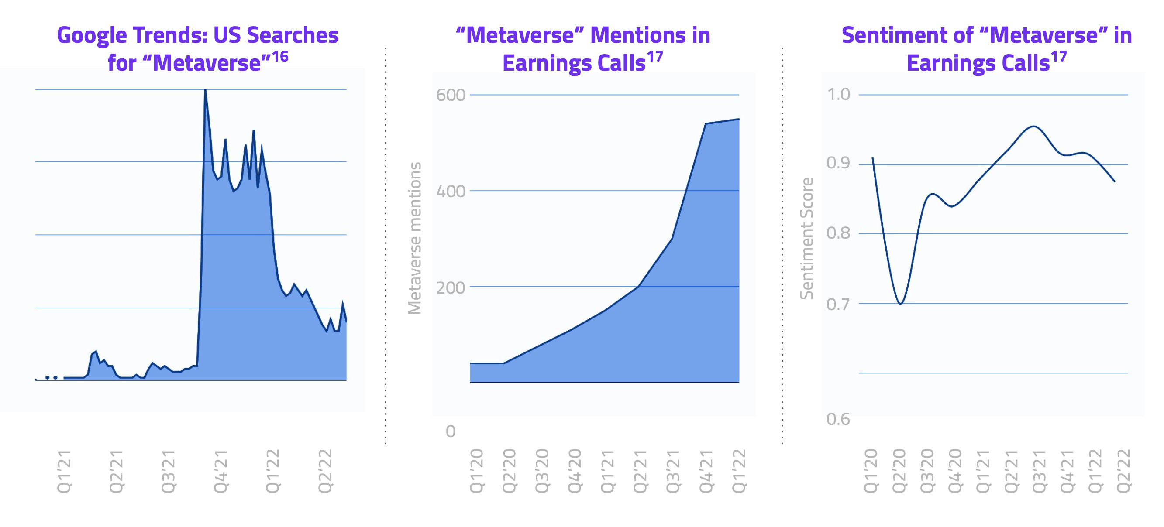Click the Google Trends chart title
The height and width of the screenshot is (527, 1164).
[x=197, y=48]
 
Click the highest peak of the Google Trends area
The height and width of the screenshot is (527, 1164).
[x=205, y=90]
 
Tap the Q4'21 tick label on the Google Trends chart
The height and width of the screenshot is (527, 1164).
[x=220, y=471]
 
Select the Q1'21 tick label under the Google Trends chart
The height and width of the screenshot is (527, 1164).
[x=64, y=471]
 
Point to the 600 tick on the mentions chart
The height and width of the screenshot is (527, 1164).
[x=450, y=95]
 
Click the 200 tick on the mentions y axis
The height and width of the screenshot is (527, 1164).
[x=450, y=287]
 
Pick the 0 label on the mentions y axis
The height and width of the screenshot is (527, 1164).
[x=450, y=431]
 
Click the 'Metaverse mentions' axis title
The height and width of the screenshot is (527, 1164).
[x=415, y=238]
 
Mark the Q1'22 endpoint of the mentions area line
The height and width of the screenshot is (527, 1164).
[x=739, y=119]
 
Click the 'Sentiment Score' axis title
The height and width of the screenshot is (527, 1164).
[x=806, y=238]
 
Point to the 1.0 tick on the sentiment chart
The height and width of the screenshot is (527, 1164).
[x=838, y=94]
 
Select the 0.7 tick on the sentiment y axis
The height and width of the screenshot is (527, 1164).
[x=838, y=305]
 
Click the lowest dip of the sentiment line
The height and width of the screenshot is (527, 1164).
[x=900, y=304]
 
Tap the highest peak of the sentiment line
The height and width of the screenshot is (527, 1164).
[x=1033, y=127]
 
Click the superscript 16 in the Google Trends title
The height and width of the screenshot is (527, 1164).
[x=280, y=56]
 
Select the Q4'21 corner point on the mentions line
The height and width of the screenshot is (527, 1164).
[x=706, y=124]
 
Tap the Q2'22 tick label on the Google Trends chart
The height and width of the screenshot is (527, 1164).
[x=325, y=471]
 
